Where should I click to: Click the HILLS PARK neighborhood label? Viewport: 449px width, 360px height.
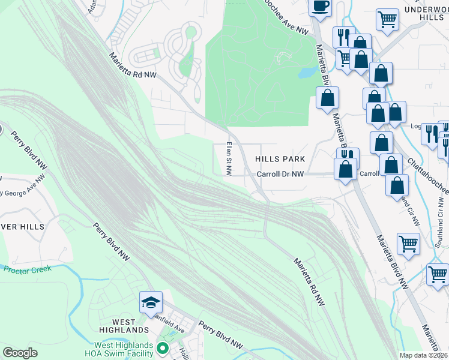pos(280,159)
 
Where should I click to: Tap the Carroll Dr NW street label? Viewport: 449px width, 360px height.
pos(281,174)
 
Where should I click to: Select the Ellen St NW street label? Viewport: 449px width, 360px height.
pos(229,158)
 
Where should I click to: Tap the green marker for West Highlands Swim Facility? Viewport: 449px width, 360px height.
pos(161,347)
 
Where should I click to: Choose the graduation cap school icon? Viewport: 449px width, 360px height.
pos(151,303)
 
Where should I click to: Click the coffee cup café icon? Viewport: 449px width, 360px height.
pos(320,5)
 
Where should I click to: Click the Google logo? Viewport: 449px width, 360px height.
pos(20,353)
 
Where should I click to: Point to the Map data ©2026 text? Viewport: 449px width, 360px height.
pos(423,355)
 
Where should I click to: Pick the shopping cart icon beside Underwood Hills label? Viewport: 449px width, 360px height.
pos(388,20)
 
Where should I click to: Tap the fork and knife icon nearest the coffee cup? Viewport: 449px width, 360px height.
pos(343,37)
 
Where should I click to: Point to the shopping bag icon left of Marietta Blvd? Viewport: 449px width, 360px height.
pos(327,98)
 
